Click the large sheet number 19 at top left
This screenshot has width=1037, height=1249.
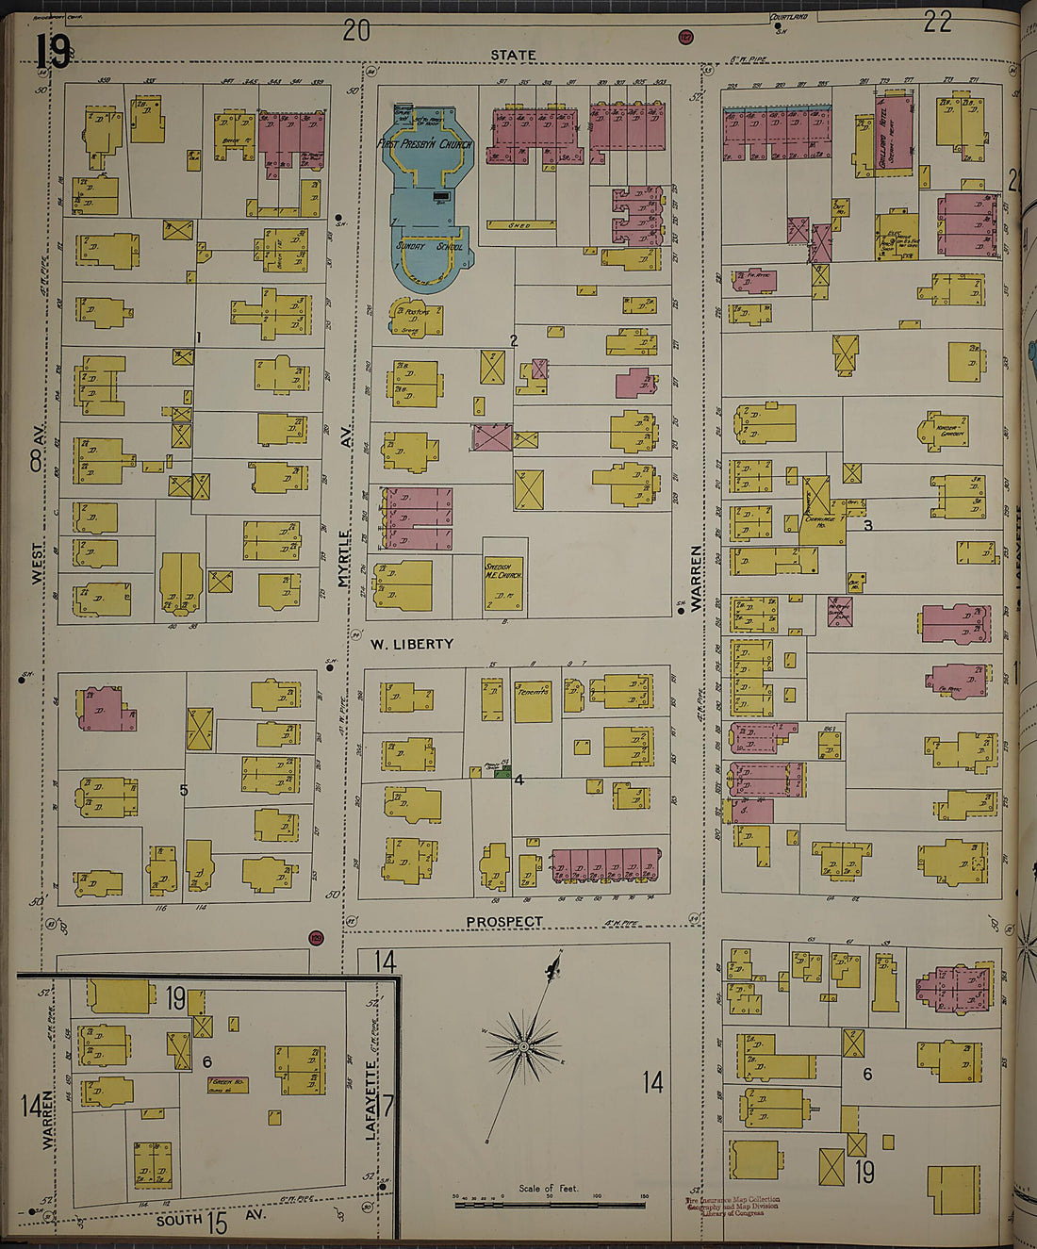click(x=53, y=52)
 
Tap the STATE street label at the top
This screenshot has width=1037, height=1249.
click(x=513, y=56)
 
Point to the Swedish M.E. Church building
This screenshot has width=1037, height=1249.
click(x=503, y=584)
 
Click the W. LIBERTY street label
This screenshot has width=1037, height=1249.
click(x=411, y=645)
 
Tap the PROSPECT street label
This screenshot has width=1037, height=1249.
click(x=504, y=921)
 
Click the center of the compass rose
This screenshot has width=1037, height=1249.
click(x=523, y=1045)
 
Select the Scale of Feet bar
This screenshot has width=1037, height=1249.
click(x=550, y=1204)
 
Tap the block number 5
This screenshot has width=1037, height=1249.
click(x=184, y=790)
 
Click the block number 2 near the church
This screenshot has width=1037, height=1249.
click(x=514, y=340)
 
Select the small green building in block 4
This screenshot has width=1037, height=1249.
click(x=503, y=771)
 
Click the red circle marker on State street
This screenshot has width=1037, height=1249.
click(x=685, y=38)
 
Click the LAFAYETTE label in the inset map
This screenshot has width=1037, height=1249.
click(x=372, y=1098)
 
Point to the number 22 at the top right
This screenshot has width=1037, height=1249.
click(x=937, y=23)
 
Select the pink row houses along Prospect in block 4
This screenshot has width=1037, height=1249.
click(x=604, y=864)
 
